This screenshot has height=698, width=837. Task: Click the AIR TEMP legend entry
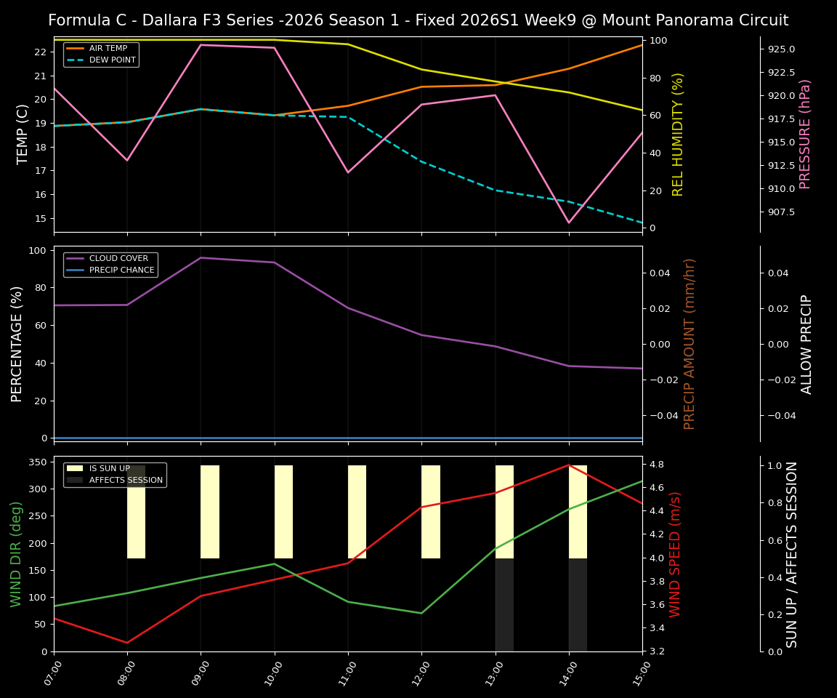[x=108, y=48]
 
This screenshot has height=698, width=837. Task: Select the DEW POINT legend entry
[x=112, y=60]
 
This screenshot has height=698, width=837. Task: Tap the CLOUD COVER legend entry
[x=118, y=258]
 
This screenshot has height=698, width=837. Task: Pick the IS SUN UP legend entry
[x=109, y=468]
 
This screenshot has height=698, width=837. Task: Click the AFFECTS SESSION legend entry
[x=126, y=480]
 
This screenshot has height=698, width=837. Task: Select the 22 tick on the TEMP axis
[x=40, y=52]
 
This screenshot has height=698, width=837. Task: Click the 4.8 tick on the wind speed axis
[x=656, y=464]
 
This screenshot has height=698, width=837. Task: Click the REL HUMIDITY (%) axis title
[x=679, y=135]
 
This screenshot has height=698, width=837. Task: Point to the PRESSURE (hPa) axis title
[x=805, y=135]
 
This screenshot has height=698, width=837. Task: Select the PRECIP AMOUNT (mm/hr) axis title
[x=690, y=343]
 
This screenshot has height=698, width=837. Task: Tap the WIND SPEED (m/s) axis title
[x=676, y=554]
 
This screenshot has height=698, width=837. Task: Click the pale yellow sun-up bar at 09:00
[x=210, y=512]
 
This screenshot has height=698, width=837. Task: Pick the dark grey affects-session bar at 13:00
[x=504, y=604]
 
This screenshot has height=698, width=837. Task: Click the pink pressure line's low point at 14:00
[x=569, y=222]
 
